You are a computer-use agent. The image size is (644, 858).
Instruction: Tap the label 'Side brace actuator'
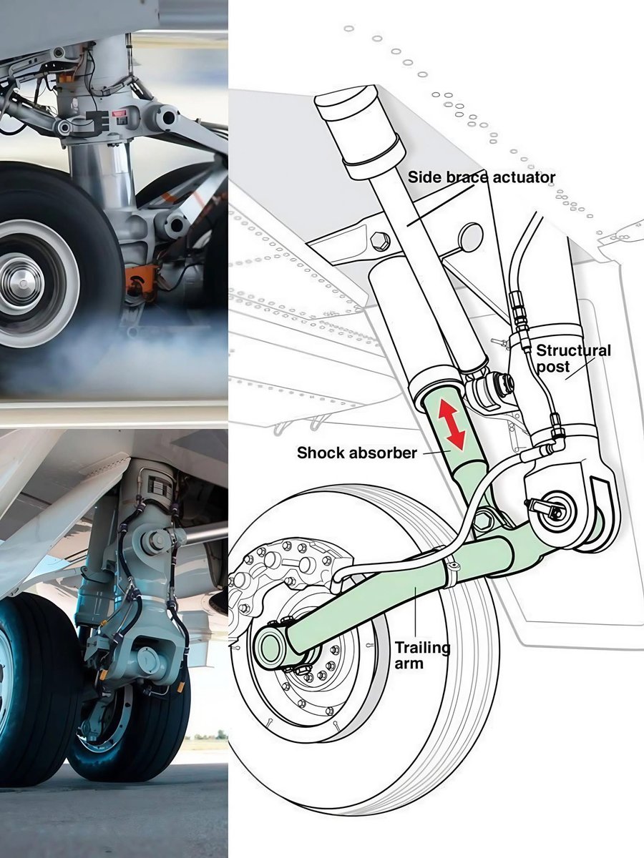click(x=482, y=177)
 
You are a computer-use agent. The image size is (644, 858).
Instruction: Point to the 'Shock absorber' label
click(x=357, y=453)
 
